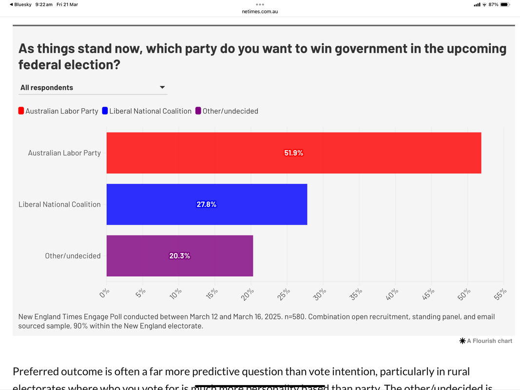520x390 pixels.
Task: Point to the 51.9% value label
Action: click(293, 153)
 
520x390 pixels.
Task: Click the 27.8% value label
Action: click(207, 204)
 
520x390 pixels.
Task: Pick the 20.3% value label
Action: click(179, 256)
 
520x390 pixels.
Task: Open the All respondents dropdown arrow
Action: click(162, 88)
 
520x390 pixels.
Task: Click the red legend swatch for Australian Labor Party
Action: click(21, 111)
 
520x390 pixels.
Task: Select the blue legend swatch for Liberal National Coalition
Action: click(105, 111)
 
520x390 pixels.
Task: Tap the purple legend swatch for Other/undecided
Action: click(198, 111)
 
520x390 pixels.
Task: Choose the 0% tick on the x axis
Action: click(104, 293)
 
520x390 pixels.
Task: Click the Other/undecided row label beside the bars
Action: click(73, 256)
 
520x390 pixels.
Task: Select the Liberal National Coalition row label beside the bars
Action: click(59, 204)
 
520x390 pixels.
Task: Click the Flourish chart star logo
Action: click(462, 341)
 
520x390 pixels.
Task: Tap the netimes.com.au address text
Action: click(260, 11)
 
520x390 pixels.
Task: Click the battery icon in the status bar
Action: click(505, 4)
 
